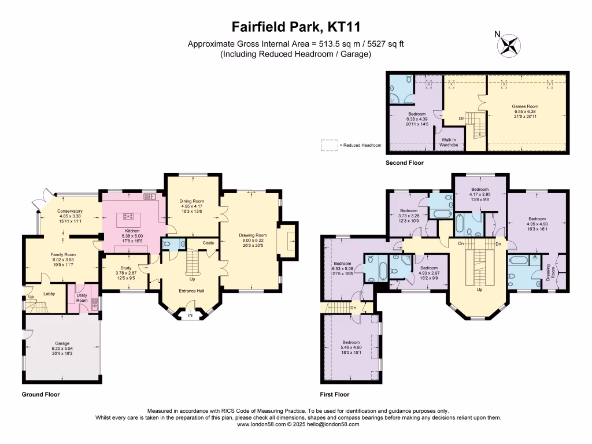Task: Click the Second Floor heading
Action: coord(404,163)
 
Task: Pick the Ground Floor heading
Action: coord(40,395)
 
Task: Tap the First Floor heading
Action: coord(335,395)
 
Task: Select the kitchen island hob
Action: coord(128,217)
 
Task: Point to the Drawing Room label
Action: coord(253,235)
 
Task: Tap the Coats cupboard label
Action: coord(209,243)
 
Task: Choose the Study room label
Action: coord(126,268)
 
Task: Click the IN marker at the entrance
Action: coord(191,316)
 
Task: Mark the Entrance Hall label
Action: coord(191,290)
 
